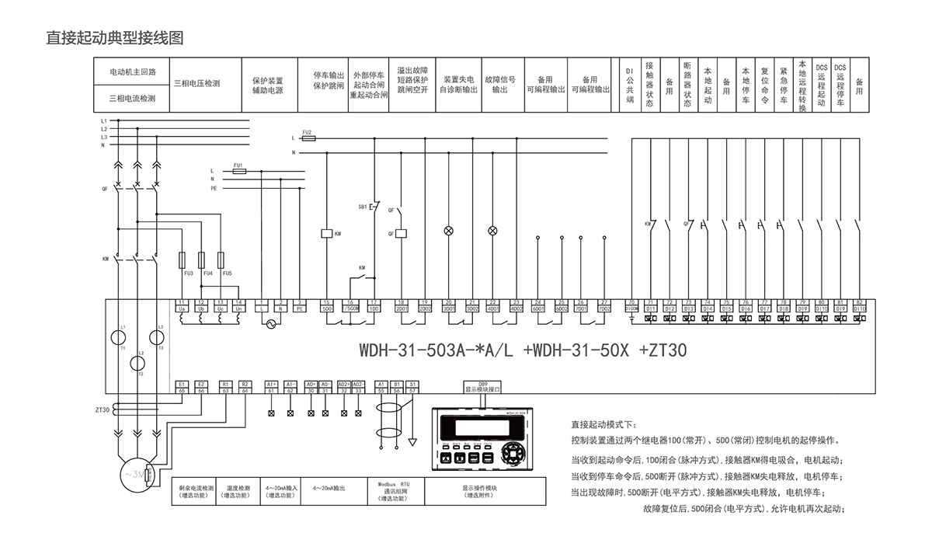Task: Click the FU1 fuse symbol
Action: [239, 172]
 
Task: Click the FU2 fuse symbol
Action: [308, 138]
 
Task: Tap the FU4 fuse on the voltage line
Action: [202, 260]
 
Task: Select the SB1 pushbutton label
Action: [363, 207]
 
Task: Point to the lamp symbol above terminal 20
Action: [448, 231]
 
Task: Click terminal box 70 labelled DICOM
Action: [631, 305]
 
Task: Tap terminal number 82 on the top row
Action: [858, 301]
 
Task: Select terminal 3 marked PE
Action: [300, 305]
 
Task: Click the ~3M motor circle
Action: [135, 473]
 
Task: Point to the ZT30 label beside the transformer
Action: [103, 409]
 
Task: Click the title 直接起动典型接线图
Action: [114, 37]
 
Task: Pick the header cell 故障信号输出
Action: [500, 84]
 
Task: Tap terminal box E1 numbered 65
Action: [181, 387]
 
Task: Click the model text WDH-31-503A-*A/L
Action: [426, 350]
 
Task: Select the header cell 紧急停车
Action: [784, 85]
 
